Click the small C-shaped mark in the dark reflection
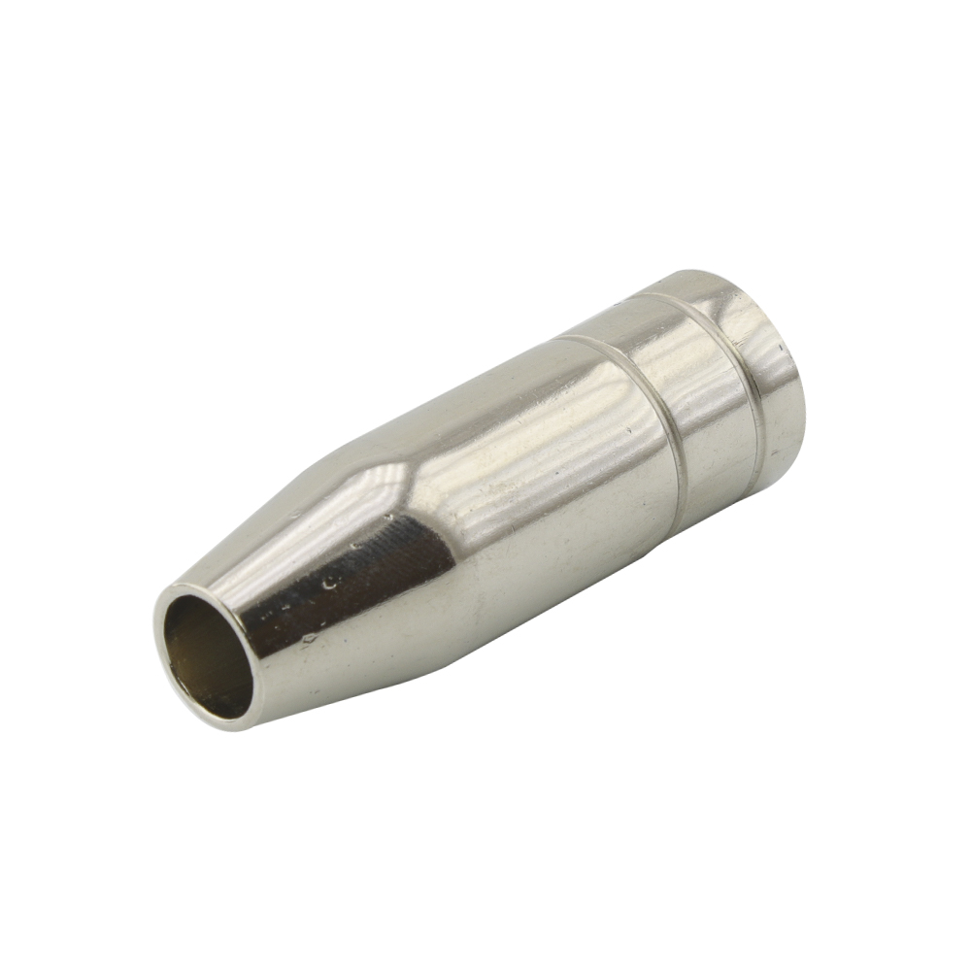pyautogui.click(x=331, y=582)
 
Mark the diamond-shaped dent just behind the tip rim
pyautogui.click(x=309, y=639)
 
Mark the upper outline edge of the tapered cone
pyautogui.click(x=291, y=495)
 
